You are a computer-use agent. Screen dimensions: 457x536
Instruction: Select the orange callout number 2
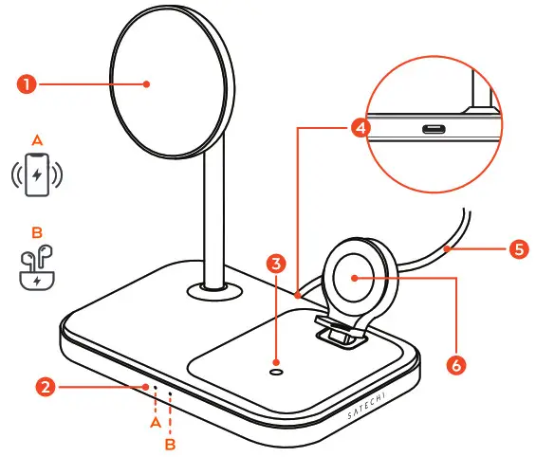click(x=44, y=387)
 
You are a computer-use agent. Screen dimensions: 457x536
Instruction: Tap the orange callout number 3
click(x=276, y=265)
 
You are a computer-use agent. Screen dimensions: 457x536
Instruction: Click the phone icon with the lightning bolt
click(x=37, y=176)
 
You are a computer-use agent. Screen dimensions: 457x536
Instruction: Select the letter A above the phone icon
click(x=37, y=140)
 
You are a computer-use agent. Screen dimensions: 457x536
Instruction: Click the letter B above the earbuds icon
click(x=37, y=230)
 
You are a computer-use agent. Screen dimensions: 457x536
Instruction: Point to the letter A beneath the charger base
click(x=153, y=426)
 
